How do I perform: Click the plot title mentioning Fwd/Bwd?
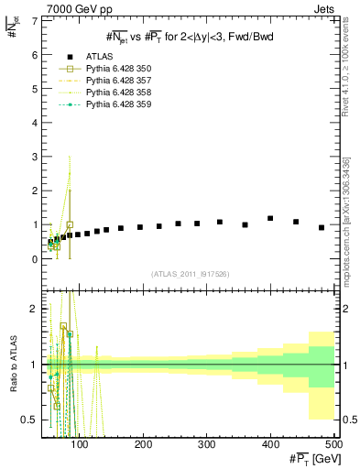[x=190, y=36]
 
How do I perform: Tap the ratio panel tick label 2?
[x=34, y=308]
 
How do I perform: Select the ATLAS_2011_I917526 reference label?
[x=190, y=274]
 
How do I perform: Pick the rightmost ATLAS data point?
[x=322, y=227]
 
